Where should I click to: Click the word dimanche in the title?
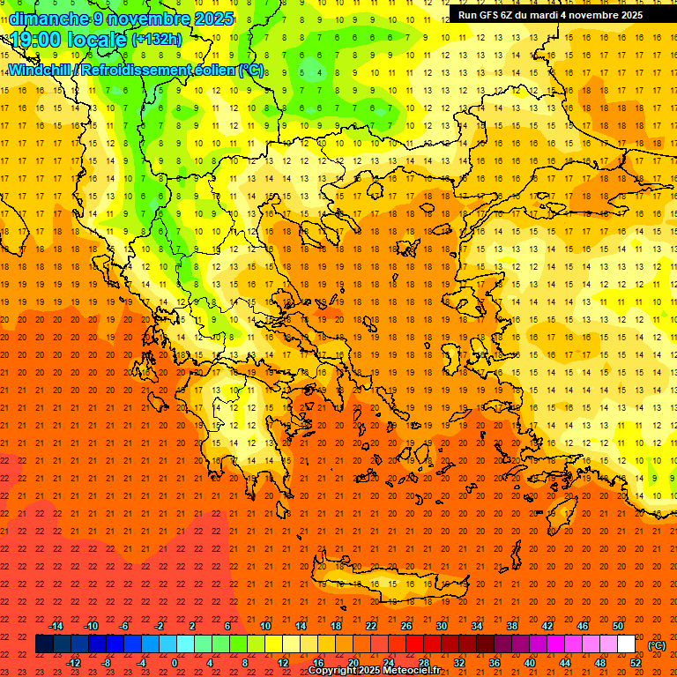coord(49,19)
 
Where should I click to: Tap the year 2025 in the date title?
coord(213,19)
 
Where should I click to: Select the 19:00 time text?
coord(37,40)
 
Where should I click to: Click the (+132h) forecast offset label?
coord(157,40)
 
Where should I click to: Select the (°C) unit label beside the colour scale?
coord(657,646)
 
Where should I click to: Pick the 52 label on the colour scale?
coord(636,663)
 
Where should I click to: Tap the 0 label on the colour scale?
coord(175,663)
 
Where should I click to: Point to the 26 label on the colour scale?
coord(406,626)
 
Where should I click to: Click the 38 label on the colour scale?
coord(512,626)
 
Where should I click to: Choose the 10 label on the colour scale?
coord(265,626)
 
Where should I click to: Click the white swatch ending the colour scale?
coord(626,644)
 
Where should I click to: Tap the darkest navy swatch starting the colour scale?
coord(44,644)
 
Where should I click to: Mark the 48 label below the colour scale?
coord(600,663)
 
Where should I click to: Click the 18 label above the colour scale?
coord(336,626)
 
